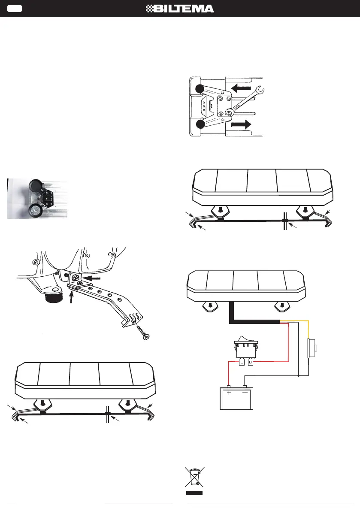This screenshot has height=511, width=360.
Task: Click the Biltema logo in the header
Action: [180, 9]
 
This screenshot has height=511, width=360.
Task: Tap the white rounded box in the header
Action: [15, 9]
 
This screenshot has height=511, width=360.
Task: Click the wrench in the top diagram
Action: [245, 101]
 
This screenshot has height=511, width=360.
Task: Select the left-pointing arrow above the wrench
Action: [241, 88]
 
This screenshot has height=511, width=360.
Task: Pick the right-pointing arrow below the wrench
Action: [241, 124]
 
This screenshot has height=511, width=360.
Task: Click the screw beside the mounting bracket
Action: [143, 333]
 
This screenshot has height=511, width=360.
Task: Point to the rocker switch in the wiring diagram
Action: [246, 351]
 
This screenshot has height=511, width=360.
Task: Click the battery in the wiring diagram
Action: [236, 397]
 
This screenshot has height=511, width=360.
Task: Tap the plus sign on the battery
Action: [229, 393]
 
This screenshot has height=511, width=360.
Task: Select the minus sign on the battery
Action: [245, 393]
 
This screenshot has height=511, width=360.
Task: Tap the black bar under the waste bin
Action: [194, 493]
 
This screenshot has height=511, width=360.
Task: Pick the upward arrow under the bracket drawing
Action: [71, 296]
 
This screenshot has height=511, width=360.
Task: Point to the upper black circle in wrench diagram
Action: [200, 89]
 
